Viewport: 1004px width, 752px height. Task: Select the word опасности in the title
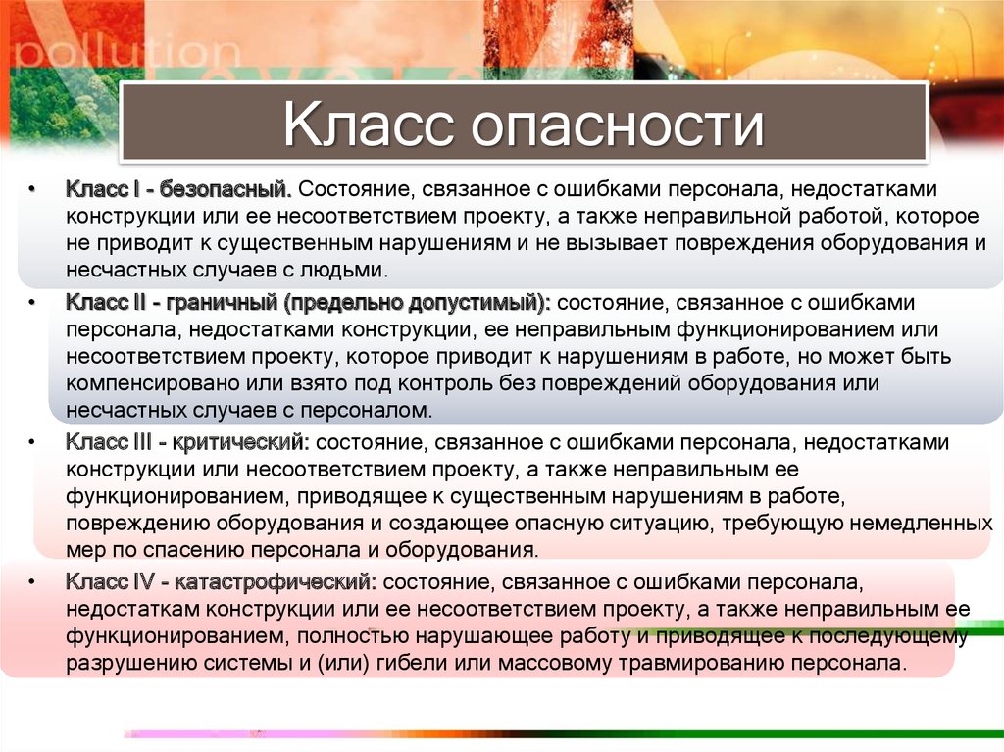(619, 125)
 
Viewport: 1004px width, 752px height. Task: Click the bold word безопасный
(226, 189)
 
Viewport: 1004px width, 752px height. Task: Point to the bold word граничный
(221, 303)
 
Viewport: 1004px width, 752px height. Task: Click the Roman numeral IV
(143, 582)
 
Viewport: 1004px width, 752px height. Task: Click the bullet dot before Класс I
(31, 189)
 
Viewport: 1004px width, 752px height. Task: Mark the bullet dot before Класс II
(31, 303)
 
